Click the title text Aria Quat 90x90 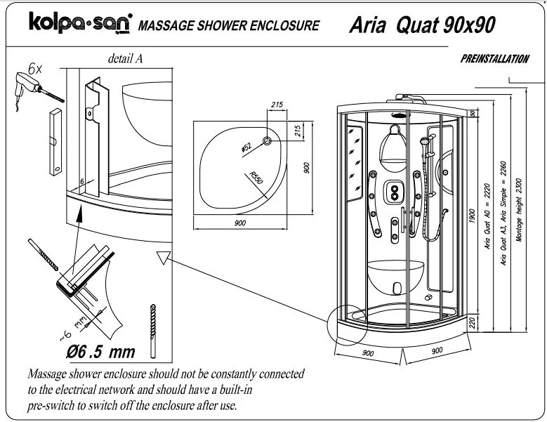click(421, 25)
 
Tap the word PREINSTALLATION click(495, 60)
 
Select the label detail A click(126, 59)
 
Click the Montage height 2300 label click(519, 210)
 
